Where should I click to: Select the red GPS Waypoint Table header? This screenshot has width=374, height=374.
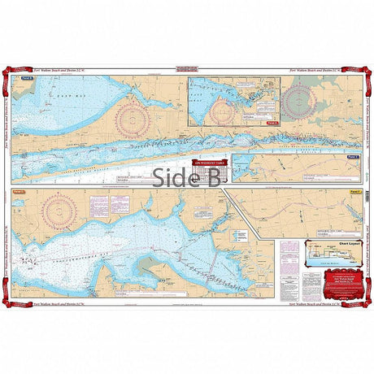[208, 162]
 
